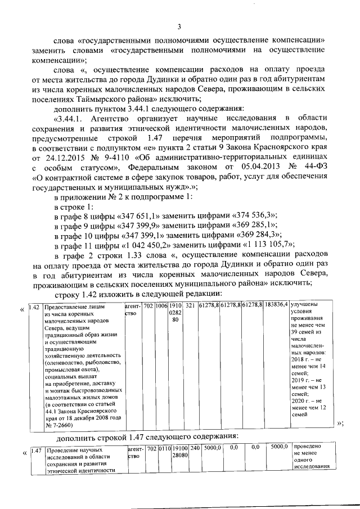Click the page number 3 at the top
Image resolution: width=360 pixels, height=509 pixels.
pos(179,26)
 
